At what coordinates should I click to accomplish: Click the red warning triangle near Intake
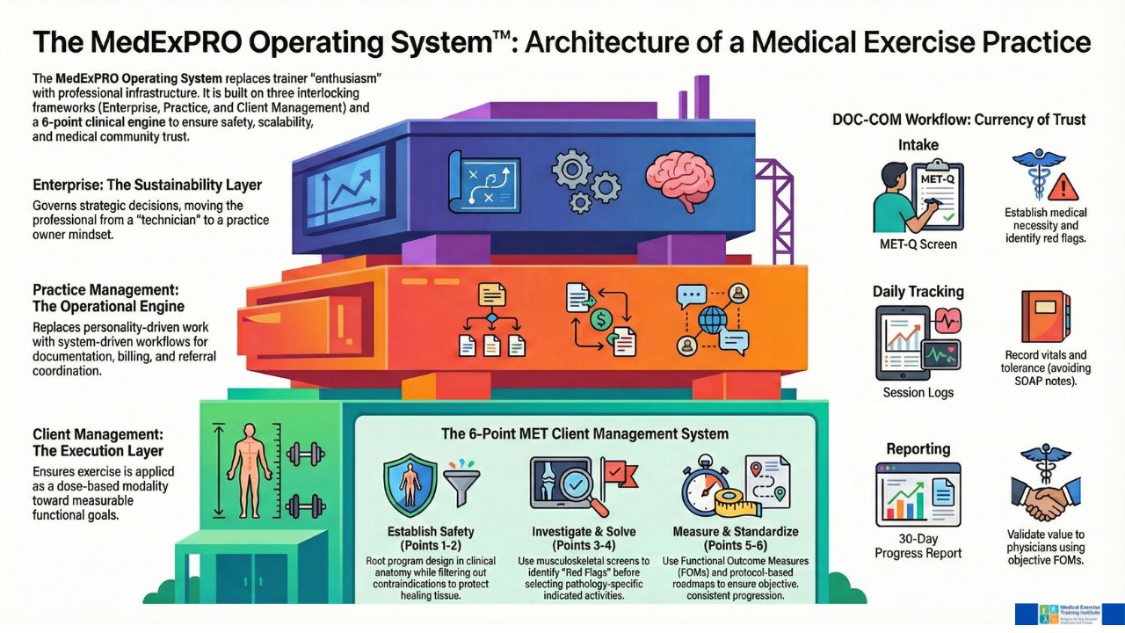[x=1063, y=187]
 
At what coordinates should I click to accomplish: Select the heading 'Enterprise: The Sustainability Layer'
[x=147, y=186]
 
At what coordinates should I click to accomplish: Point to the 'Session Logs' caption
[x=918, y=392]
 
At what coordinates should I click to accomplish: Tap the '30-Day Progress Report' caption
[x=918, y=545]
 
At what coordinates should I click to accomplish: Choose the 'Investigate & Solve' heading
[x=584, y=532]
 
